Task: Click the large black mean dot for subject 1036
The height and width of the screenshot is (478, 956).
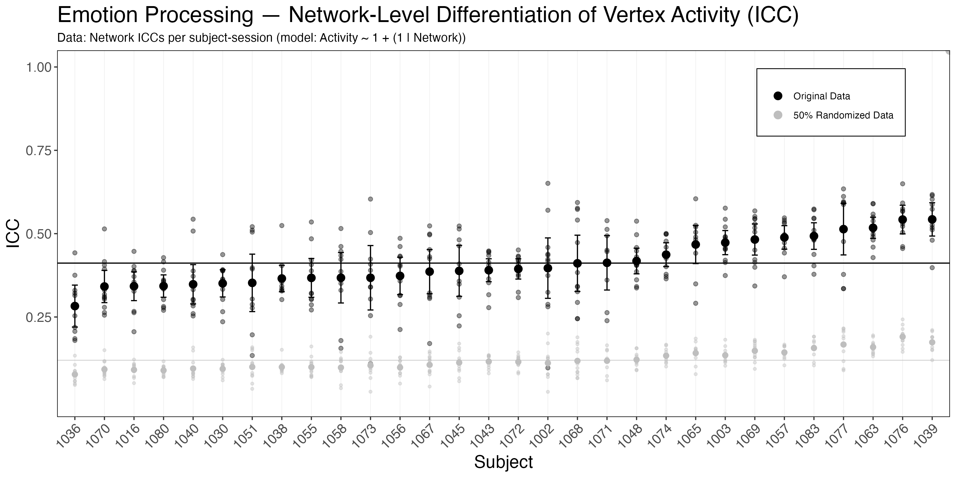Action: pyautogui.click(x=75, y=306)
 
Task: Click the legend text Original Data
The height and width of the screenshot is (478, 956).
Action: pyautogui.click(x=821, y=96)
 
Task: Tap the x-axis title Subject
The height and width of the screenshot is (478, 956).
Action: pyautogui.click(x=503, y=462)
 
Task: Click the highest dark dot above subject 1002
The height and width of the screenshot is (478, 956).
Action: pyautogui.click(x=547, y=183)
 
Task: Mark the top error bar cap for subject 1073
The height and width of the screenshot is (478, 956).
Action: pyautogui.click(x=370, y=246)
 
